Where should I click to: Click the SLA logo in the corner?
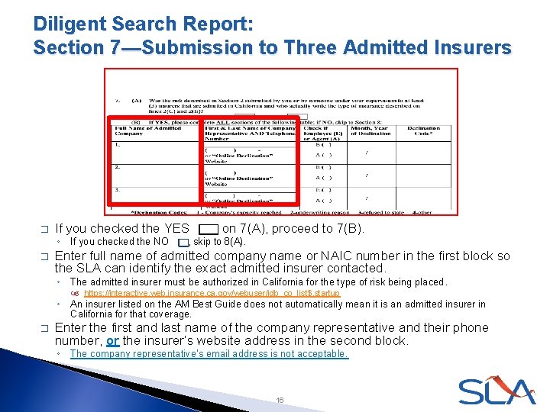497,391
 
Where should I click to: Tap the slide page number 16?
280,399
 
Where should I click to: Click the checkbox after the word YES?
207,229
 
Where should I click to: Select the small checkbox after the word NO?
180,242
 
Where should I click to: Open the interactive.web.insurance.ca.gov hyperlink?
212,293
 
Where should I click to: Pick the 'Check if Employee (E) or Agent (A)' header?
319,133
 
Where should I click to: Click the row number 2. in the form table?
117,166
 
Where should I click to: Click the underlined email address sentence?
209,354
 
